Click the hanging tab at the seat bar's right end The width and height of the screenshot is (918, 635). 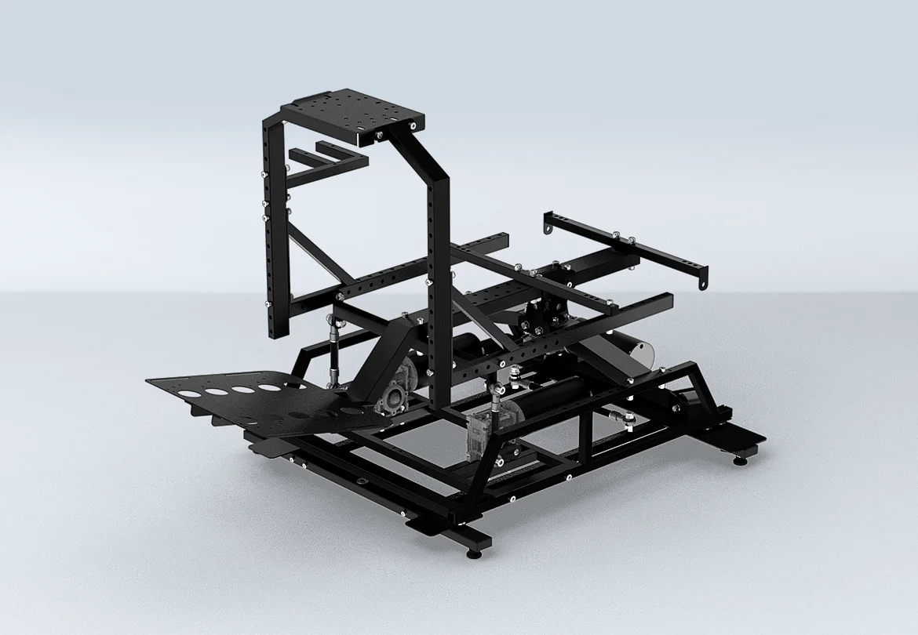coord(705,279)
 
